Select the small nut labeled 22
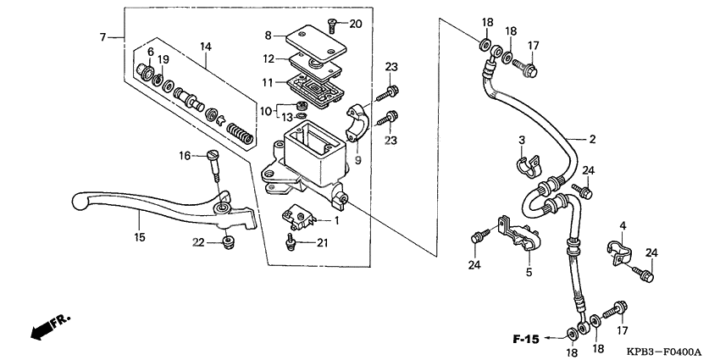226,244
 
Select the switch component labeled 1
302,220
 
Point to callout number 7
103,36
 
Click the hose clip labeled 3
525,164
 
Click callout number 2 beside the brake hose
593,138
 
